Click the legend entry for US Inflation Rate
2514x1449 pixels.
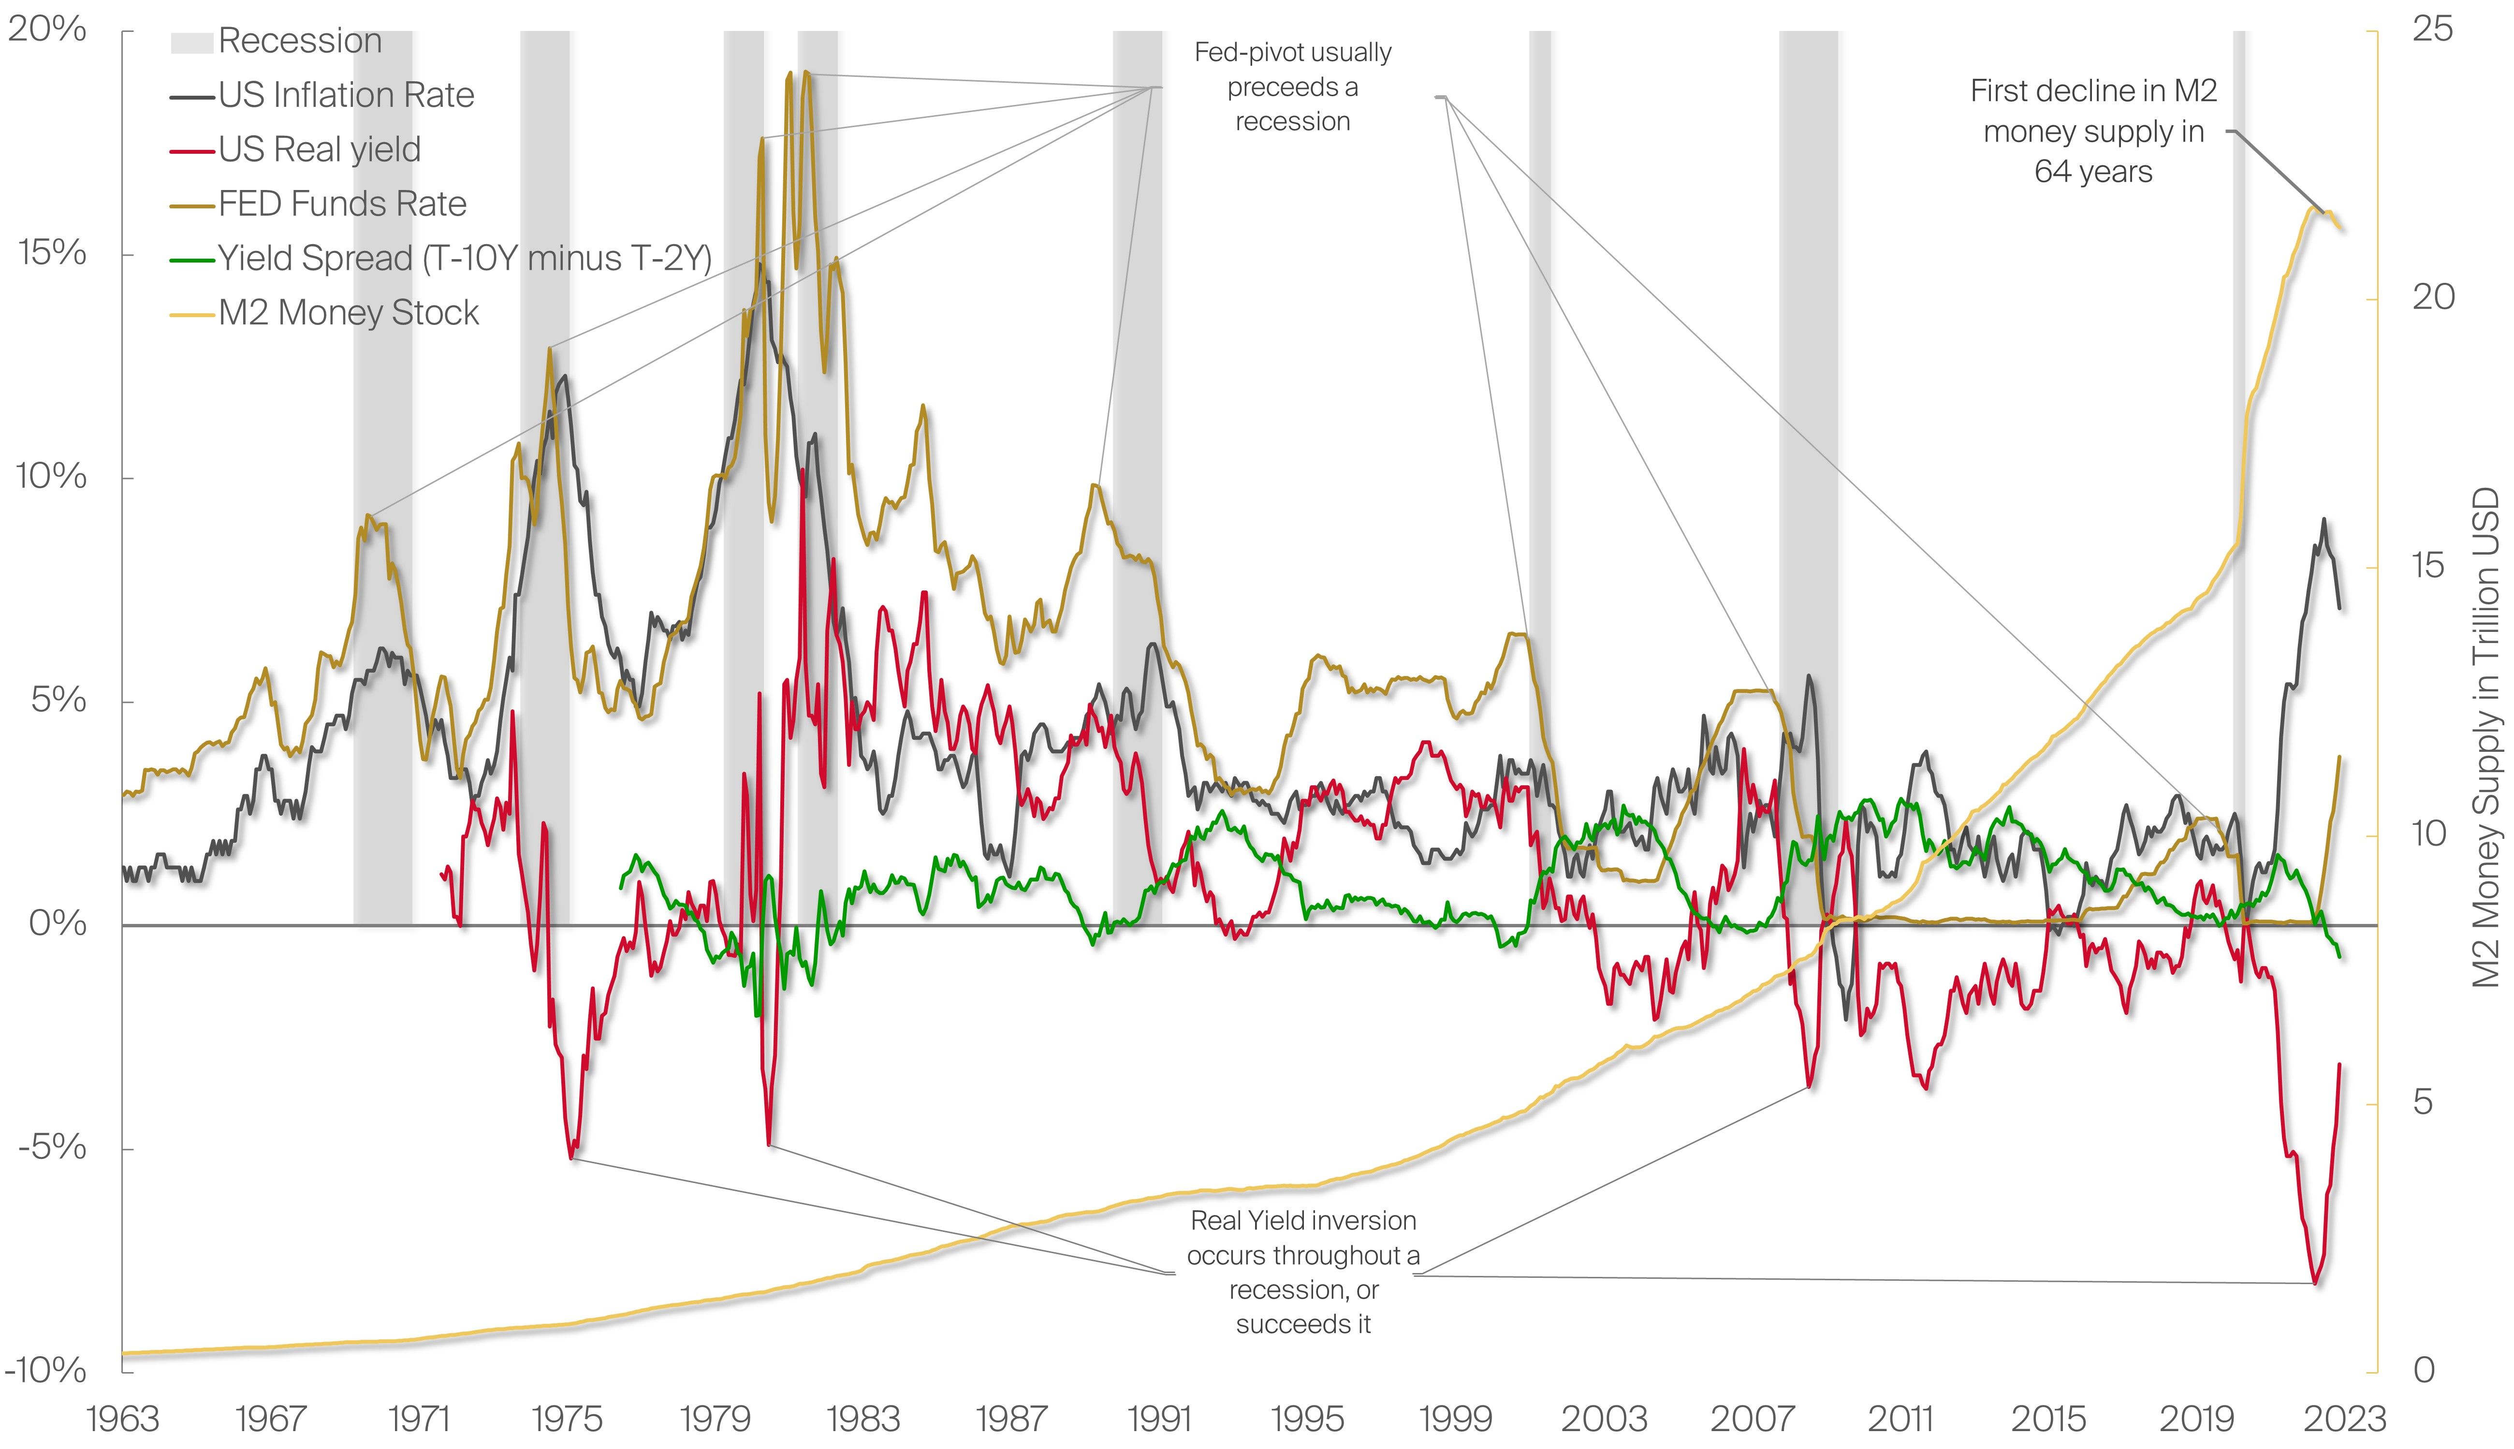tap(345, 96)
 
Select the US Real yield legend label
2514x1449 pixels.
tap(320, 149)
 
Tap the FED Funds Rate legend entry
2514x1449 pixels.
tap(342, 204)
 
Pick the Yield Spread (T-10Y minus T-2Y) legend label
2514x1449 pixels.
tap(465, 259)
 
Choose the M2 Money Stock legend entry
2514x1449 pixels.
tap(348, 313)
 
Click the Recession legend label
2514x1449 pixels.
tap(299, 41)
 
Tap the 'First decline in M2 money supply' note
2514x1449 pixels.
tap(2093, 132)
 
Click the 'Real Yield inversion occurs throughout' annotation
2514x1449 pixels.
tap(1303, 1272)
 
